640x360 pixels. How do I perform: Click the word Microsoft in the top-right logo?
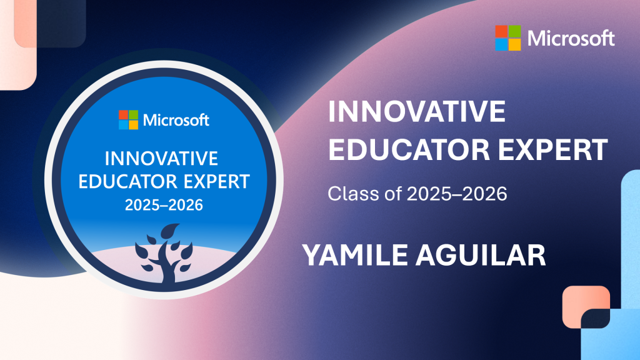[571, 38]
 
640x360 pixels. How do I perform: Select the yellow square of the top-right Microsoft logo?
[514, 44]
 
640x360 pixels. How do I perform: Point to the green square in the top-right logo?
[514, 31]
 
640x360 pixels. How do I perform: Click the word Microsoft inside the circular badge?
[176, 120]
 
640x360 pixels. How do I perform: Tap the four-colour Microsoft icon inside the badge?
[128, 120]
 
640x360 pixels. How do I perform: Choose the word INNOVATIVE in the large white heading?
[417, 113]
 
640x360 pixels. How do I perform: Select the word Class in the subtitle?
[348, 194]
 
